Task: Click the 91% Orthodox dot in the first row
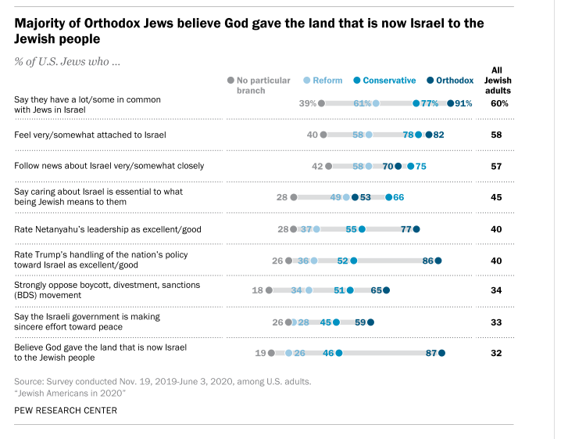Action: [x=451, y=103]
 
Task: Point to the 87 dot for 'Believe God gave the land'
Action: [x=441, y=354]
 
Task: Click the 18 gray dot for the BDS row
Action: [x=269, y=290]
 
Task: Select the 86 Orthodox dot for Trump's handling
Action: [x=438, y=261]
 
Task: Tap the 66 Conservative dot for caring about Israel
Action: [x=389, y=197]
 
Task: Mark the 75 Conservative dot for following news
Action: [x=411, y=166]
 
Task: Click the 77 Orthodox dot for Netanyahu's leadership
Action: [x=416, y=229]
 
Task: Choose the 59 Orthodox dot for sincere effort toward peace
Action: [x=370, y=322]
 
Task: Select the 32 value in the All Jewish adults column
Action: [x=495, y=354]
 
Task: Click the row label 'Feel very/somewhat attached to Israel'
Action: [x=91, y=135]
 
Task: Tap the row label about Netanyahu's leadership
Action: [x=96, y=229]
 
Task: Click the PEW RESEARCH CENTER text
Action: [x=66, y=410]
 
